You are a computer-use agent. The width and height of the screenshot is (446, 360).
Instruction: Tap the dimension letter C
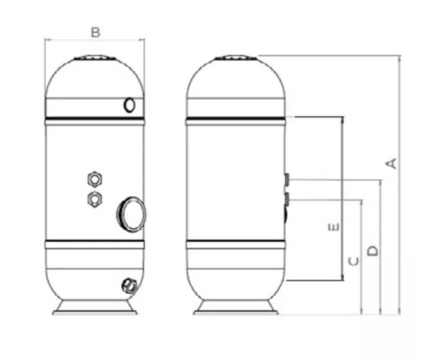(x=352, y=261)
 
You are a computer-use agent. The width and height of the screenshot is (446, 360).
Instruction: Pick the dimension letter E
(x=332, y=227)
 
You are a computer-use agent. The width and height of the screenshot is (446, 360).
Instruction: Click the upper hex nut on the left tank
(x=94, y=175)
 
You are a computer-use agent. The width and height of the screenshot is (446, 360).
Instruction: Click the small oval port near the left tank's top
(x=131, y=105)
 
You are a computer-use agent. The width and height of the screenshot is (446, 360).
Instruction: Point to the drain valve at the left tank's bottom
(x=127, y=286)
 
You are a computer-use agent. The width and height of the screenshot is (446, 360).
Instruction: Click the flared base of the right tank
(x=235, y=307)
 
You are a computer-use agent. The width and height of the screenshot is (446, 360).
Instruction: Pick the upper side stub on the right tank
(x=285, y=180)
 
